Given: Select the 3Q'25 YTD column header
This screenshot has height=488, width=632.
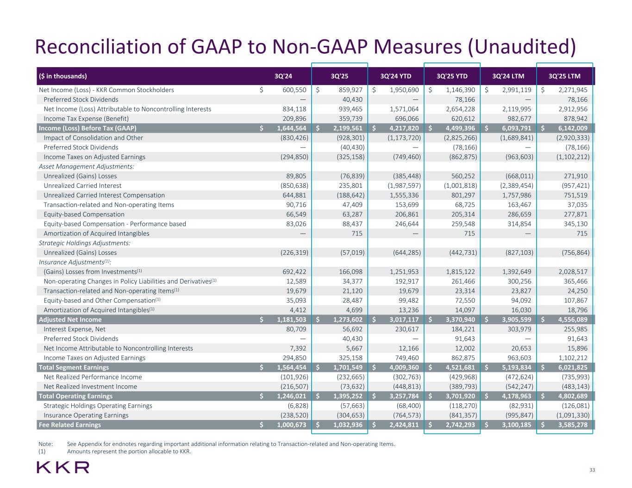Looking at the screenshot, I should tap(452, 76).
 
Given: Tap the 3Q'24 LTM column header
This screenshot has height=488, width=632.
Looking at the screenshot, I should tap(508, 76).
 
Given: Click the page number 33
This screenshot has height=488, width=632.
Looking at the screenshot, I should tap(592, 470).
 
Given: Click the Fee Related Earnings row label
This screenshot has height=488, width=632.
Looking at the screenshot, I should tap(69, 425).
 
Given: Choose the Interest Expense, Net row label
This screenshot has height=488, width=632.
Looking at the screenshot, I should tap(74, 329).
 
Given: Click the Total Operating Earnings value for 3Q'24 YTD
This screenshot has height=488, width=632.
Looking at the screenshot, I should tap(401, 396).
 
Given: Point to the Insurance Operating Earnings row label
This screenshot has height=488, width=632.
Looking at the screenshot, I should tap(86, 415).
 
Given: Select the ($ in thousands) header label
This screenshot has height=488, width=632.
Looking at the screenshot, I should tap(63, 76).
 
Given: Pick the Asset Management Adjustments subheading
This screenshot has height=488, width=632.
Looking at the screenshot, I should tap(87, 167).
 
